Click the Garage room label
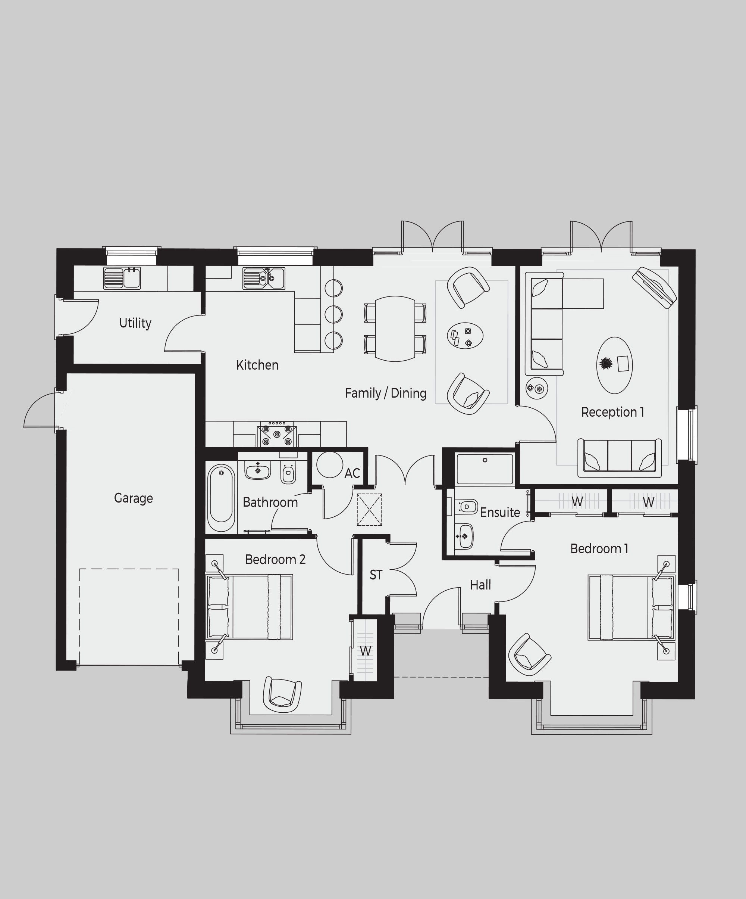[x=133, y=498]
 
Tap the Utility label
[x=135, y=323]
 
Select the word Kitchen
[x=257, y=365]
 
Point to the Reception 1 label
[x=612, y=412]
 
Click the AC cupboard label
[x=352, y=473]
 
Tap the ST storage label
[x=376, y=575]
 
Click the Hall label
[x=480, y=585]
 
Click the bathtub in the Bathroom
[x=221, y=498]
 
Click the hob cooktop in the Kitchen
[x=277, y=434]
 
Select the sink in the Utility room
[x=122, y=278]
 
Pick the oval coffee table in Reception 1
[x=614, y=365]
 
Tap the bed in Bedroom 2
[x=250, y=607]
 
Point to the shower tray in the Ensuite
[x=485, y=470]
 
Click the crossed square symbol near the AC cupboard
[x=369, y=510]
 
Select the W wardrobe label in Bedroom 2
[x=365, y=651]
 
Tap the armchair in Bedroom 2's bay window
[x=282, y=695]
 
